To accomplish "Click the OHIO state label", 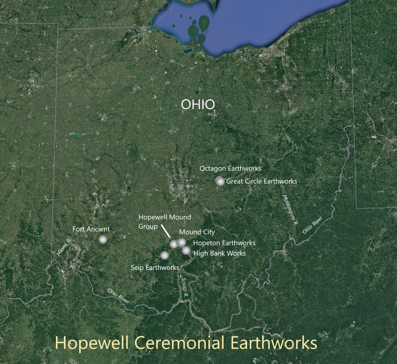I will coord(198,105).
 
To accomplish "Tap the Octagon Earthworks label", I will coord(230,169).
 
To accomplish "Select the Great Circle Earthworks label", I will coord(262,181).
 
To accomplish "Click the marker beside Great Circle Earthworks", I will coord(220,181).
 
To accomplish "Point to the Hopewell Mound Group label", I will coord(164,222).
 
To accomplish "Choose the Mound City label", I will coord(197,232).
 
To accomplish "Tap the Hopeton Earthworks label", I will coord(224,243).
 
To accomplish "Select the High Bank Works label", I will coord(220,253).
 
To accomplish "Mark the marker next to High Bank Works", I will coord(186,250).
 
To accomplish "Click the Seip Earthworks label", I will coord(155,267).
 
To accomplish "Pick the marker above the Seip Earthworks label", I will coord(164,255).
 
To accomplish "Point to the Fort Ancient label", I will coord(91,229).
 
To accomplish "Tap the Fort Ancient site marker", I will coord(103,239).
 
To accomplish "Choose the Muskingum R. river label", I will coord(290,211).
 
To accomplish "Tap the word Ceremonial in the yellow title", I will coord(191,342).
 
